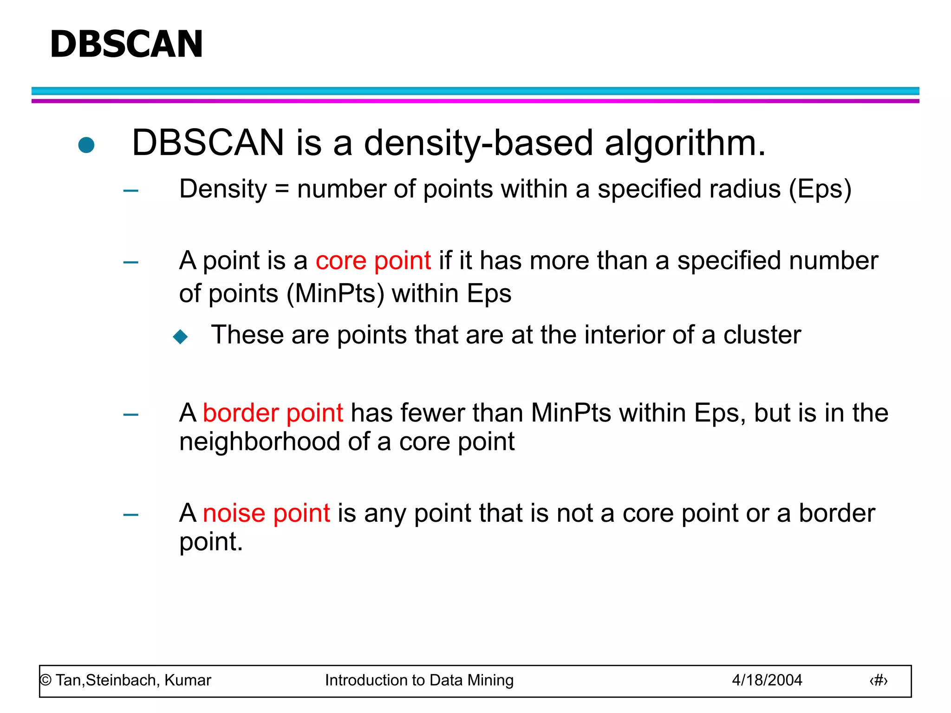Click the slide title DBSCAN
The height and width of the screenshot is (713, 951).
126,44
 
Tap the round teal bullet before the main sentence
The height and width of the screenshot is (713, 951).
86,145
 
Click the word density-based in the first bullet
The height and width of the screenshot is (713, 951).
478,143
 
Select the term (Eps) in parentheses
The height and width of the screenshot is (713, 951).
820,189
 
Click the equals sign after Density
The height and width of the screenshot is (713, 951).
282,189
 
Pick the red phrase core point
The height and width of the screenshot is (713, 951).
373,260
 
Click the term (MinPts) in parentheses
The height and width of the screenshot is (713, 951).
335,294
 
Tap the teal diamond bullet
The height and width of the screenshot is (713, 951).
180,337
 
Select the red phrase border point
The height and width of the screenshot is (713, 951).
273,413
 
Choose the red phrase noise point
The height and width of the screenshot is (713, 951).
267,513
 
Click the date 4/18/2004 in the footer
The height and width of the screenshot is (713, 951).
767,680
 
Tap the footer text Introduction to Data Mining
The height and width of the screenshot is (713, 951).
419,680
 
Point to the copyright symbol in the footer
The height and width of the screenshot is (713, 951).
46,681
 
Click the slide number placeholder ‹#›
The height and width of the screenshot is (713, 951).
878,681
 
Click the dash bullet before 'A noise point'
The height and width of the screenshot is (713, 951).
131,514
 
